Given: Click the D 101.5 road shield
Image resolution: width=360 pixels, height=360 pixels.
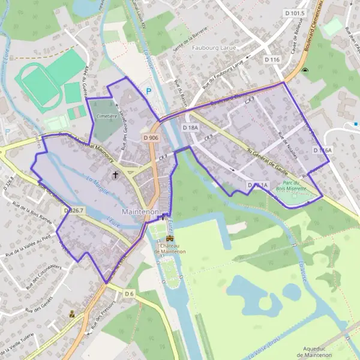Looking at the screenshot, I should (x=295, y=13).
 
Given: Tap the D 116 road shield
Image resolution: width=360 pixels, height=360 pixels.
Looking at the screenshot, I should (x=272, y=59).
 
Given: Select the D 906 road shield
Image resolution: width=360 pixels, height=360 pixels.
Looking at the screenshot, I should (x=151, y=137).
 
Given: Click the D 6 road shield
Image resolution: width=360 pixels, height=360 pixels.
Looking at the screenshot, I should (x=130, y=293).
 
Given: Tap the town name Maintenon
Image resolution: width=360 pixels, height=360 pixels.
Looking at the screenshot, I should (x=140, y=212).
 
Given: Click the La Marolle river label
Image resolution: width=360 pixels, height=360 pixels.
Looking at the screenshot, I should (x=97, y=179).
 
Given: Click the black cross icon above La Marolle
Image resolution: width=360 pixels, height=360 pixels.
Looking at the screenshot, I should (x=115, y=175).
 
